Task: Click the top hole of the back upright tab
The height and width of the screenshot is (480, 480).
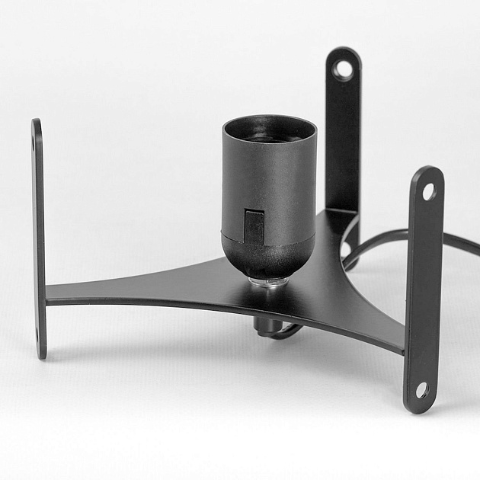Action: click(x=343, y=70)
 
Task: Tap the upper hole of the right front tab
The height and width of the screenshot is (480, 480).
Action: click(x=429, y=190)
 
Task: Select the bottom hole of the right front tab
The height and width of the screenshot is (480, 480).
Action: click(x=421, y=391)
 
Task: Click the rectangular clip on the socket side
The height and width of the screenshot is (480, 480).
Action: click(x=254, y=226)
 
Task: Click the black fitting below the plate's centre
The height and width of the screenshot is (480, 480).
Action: click(x=265, y=327)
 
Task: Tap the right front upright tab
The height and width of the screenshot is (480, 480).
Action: click(x=424, y=290)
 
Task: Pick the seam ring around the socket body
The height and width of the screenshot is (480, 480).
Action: click(x=267, y=230)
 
